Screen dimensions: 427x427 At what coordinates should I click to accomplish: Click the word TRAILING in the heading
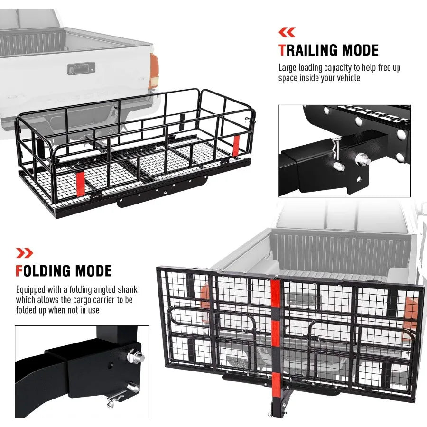tap(308, 50)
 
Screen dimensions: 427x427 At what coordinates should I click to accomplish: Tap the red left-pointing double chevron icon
tap(287, 32)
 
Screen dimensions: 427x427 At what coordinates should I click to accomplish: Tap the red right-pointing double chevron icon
tap(25, 253)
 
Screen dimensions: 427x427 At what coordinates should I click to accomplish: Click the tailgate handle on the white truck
tap(81, 68)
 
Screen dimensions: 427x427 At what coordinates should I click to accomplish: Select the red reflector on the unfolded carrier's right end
tap(236, 145)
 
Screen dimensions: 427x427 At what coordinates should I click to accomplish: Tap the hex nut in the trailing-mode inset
tap(362, 159)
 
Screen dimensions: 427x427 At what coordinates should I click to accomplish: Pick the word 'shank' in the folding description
tap(128, 289)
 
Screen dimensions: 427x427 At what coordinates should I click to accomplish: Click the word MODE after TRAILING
tap(360, 50)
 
